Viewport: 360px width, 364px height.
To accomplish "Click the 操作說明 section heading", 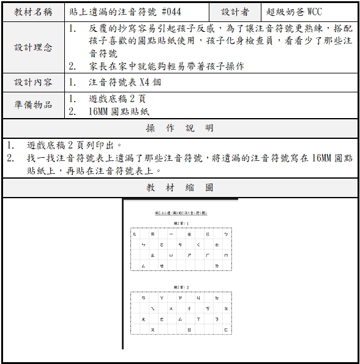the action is tap(180, 128).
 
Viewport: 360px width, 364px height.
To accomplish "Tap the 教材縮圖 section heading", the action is tap(180, 187).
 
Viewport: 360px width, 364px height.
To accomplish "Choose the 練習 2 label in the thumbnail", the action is tap(181, 286).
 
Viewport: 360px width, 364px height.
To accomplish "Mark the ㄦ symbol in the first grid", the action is tap(135, 234).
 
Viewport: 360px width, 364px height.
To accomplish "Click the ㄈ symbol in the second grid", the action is tap(225, 330).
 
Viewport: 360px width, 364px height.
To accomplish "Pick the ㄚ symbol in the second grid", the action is tap(162, 299).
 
